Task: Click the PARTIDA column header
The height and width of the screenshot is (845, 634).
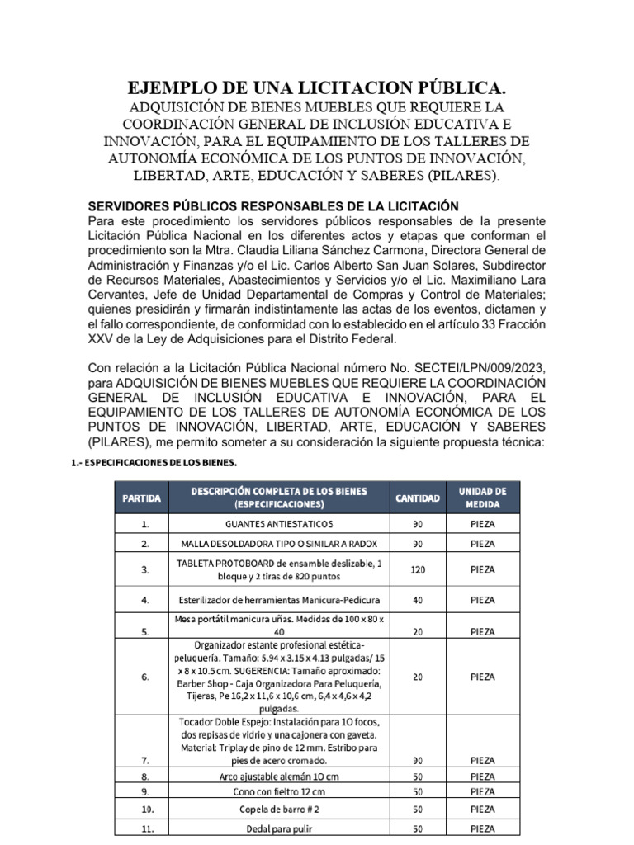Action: (142, 498)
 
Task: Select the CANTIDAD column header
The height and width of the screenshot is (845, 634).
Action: (417, 498)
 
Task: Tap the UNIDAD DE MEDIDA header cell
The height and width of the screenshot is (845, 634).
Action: (482, 498)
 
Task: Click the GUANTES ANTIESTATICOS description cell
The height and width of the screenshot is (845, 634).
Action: (279, 524)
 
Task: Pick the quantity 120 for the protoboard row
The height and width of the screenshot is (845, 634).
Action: (417, 569)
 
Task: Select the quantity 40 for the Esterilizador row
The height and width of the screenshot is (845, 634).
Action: (417, 600)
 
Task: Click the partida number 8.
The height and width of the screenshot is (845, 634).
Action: (145, 777)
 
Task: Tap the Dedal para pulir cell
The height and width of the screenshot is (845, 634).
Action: (279, 828)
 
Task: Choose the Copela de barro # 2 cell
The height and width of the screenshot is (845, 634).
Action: (279, 810)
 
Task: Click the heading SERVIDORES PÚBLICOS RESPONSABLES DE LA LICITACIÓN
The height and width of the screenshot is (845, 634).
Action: (272, 205)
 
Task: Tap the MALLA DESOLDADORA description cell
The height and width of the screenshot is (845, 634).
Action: (279, 544)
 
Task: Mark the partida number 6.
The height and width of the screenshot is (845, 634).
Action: (145, 677)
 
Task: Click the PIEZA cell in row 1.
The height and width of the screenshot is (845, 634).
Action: (482, 524)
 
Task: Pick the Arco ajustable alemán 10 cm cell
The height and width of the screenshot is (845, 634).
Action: (279, 777)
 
